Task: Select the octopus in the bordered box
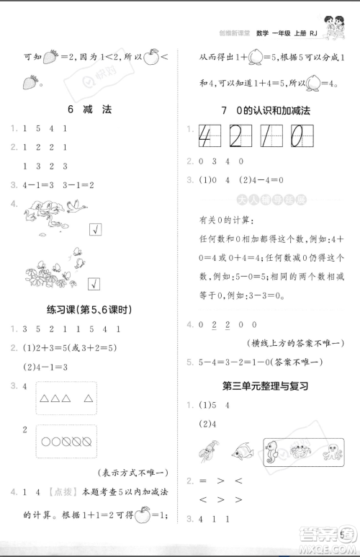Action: (x=333, y=453)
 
